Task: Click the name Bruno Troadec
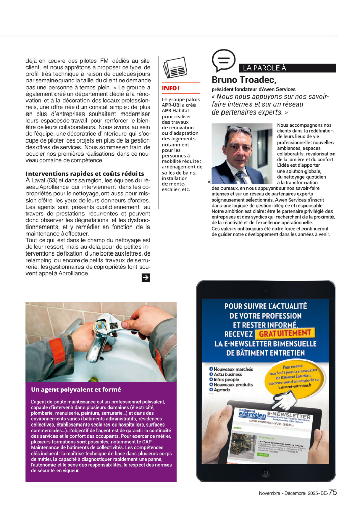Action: point(244,80)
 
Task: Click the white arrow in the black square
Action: point(145,277)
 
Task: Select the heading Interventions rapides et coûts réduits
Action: point(85,174)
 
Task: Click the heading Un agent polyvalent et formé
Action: point(76,390)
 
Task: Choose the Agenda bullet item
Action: point(222,390)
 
